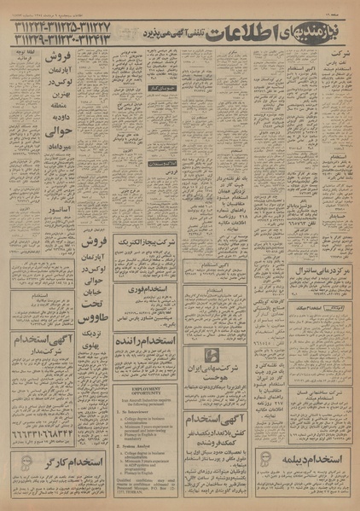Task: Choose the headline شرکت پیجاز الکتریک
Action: pos(147,265)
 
